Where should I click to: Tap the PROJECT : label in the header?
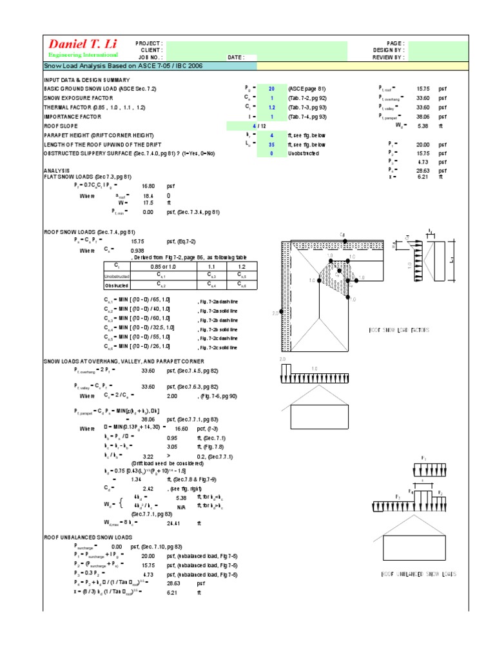149,43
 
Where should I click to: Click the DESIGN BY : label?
388,50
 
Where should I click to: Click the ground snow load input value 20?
271,88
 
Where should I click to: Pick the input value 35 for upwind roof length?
271,144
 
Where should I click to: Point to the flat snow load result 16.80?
149,185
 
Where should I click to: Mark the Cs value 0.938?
137,250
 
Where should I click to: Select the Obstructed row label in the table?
117,284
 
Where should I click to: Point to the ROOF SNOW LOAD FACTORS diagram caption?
399,330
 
